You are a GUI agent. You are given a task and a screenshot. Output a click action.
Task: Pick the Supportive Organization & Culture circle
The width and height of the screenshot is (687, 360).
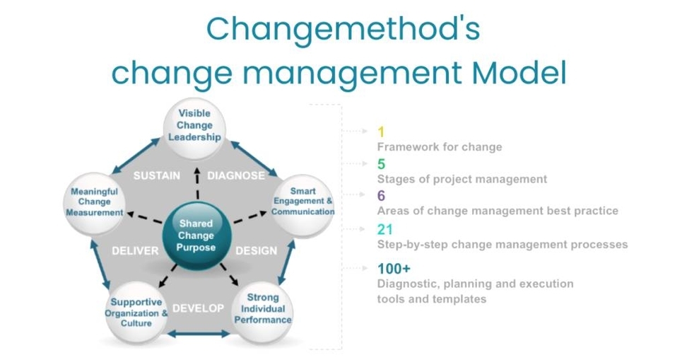(x=136, y=312)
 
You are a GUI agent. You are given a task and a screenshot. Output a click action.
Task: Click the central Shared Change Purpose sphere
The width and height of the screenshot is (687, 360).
(x=196, y=236)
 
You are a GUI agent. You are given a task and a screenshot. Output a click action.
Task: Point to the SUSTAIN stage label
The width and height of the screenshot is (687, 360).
(x=156, y=175)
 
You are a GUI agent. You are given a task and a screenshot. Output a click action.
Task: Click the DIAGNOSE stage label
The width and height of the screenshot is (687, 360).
(x=236, y=175)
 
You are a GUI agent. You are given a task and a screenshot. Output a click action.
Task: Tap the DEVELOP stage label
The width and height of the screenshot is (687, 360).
(x=198, y=308)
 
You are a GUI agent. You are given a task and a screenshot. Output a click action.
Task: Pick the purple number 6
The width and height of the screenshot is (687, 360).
(x=381, y=196)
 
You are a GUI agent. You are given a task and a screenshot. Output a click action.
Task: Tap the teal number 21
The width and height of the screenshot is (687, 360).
(x=384, y=229)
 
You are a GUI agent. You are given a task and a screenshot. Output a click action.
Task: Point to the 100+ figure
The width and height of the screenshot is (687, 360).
(x=394, y=269)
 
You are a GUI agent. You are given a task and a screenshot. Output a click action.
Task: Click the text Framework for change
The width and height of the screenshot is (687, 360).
(x=439, y=147)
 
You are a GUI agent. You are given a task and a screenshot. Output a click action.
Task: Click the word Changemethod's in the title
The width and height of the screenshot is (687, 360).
(x=343, y=30)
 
